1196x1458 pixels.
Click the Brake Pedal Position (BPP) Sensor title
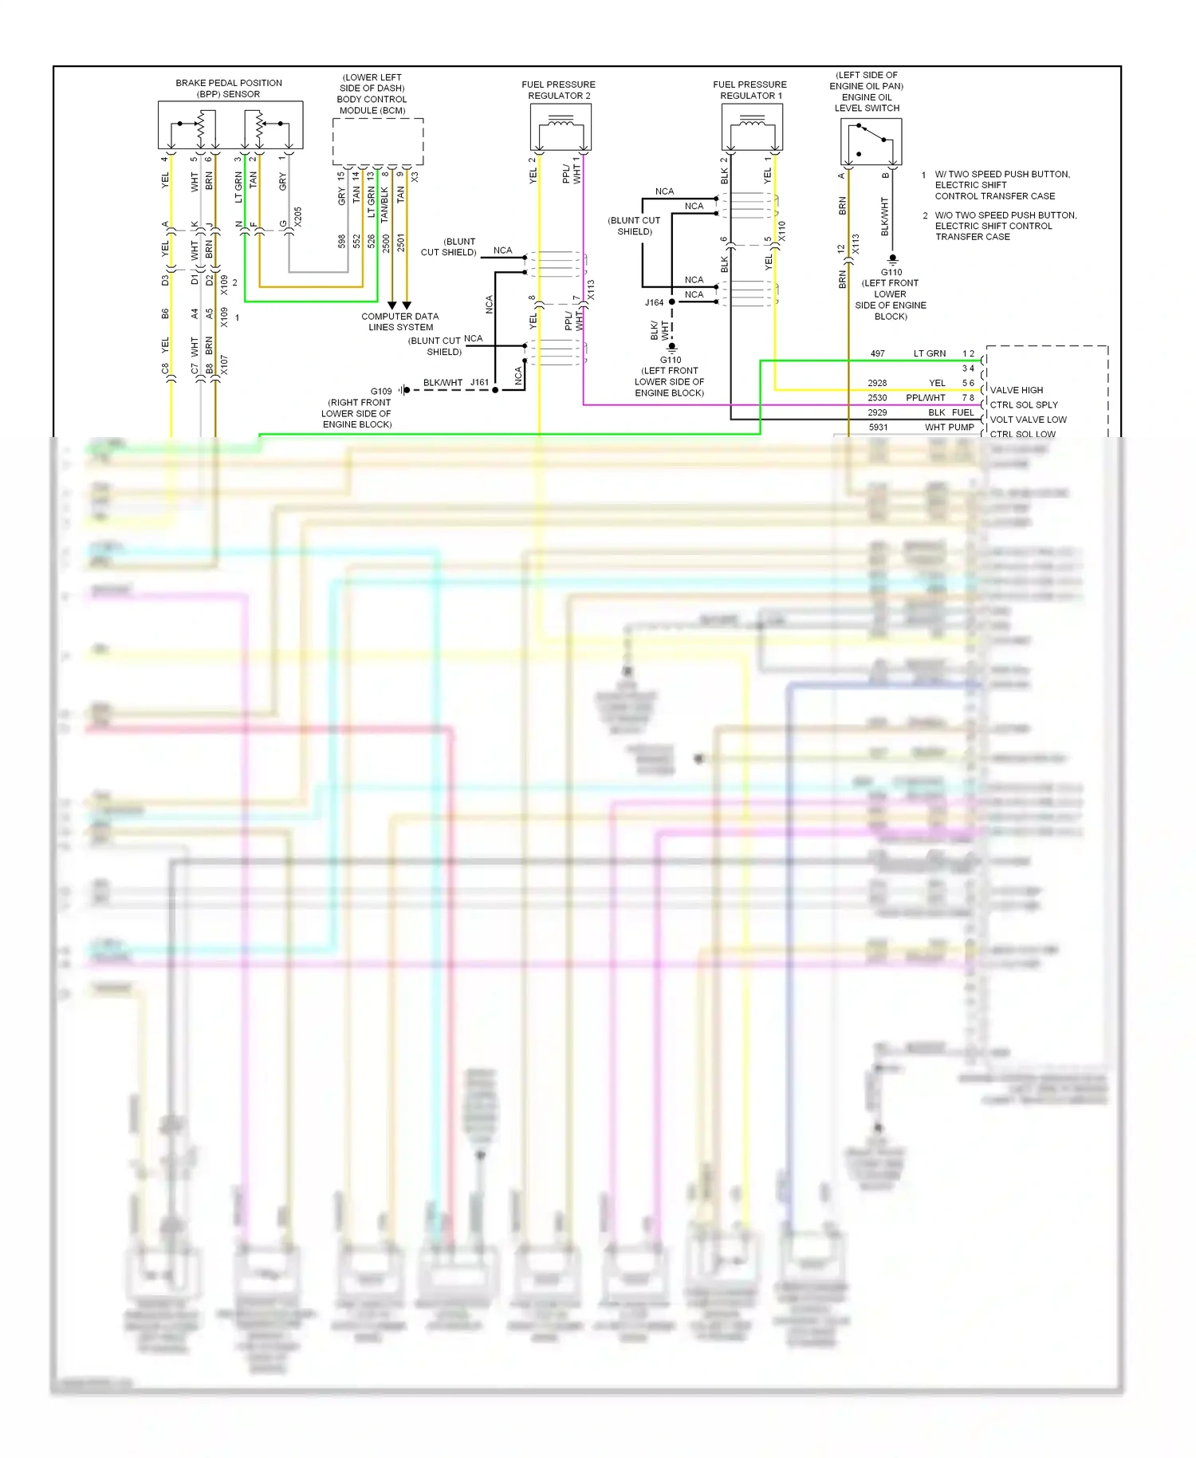pyautogui.click(x=229, y=89)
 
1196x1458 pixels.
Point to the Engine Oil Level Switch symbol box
pyautogui.click(x=871, y=142)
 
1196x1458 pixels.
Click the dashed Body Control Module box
pyautogui.click(x=377, y=142)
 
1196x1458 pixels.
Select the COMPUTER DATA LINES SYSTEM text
pyautogui.click(x=400, y=321)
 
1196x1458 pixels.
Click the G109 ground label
pyautogui.click(x=381, y=391)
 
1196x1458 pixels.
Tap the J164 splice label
pyautogui.click(x=654, y=302)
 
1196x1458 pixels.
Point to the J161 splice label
pyautogui.click(x=479, y=382)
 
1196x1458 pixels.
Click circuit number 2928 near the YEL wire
pyautogui.click(x=877, y=383)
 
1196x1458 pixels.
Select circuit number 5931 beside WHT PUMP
pyautogui.click(x=878, y=428)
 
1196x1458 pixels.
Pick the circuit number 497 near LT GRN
pyautogui.click(x=877, y=353)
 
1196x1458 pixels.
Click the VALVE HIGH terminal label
pyautogui.click(x=1016, y=390)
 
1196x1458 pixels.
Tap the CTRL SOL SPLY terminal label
pyautogui.click(x=1024, y=404)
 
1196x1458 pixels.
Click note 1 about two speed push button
pyautogui.click(x=997, y=185)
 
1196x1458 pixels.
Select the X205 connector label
pyautogui.click(x=298, y=217)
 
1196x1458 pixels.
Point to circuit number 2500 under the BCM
pyautogui.click(x=386, y=242)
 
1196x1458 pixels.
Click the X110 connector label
pyautogui.click(x=781, y=231)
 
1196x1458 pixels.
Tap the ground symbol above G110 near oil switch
pyautogui.click(x=892, y=259)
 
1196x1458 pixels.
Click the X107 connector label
pyautogui.click(x=224, y=365)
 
